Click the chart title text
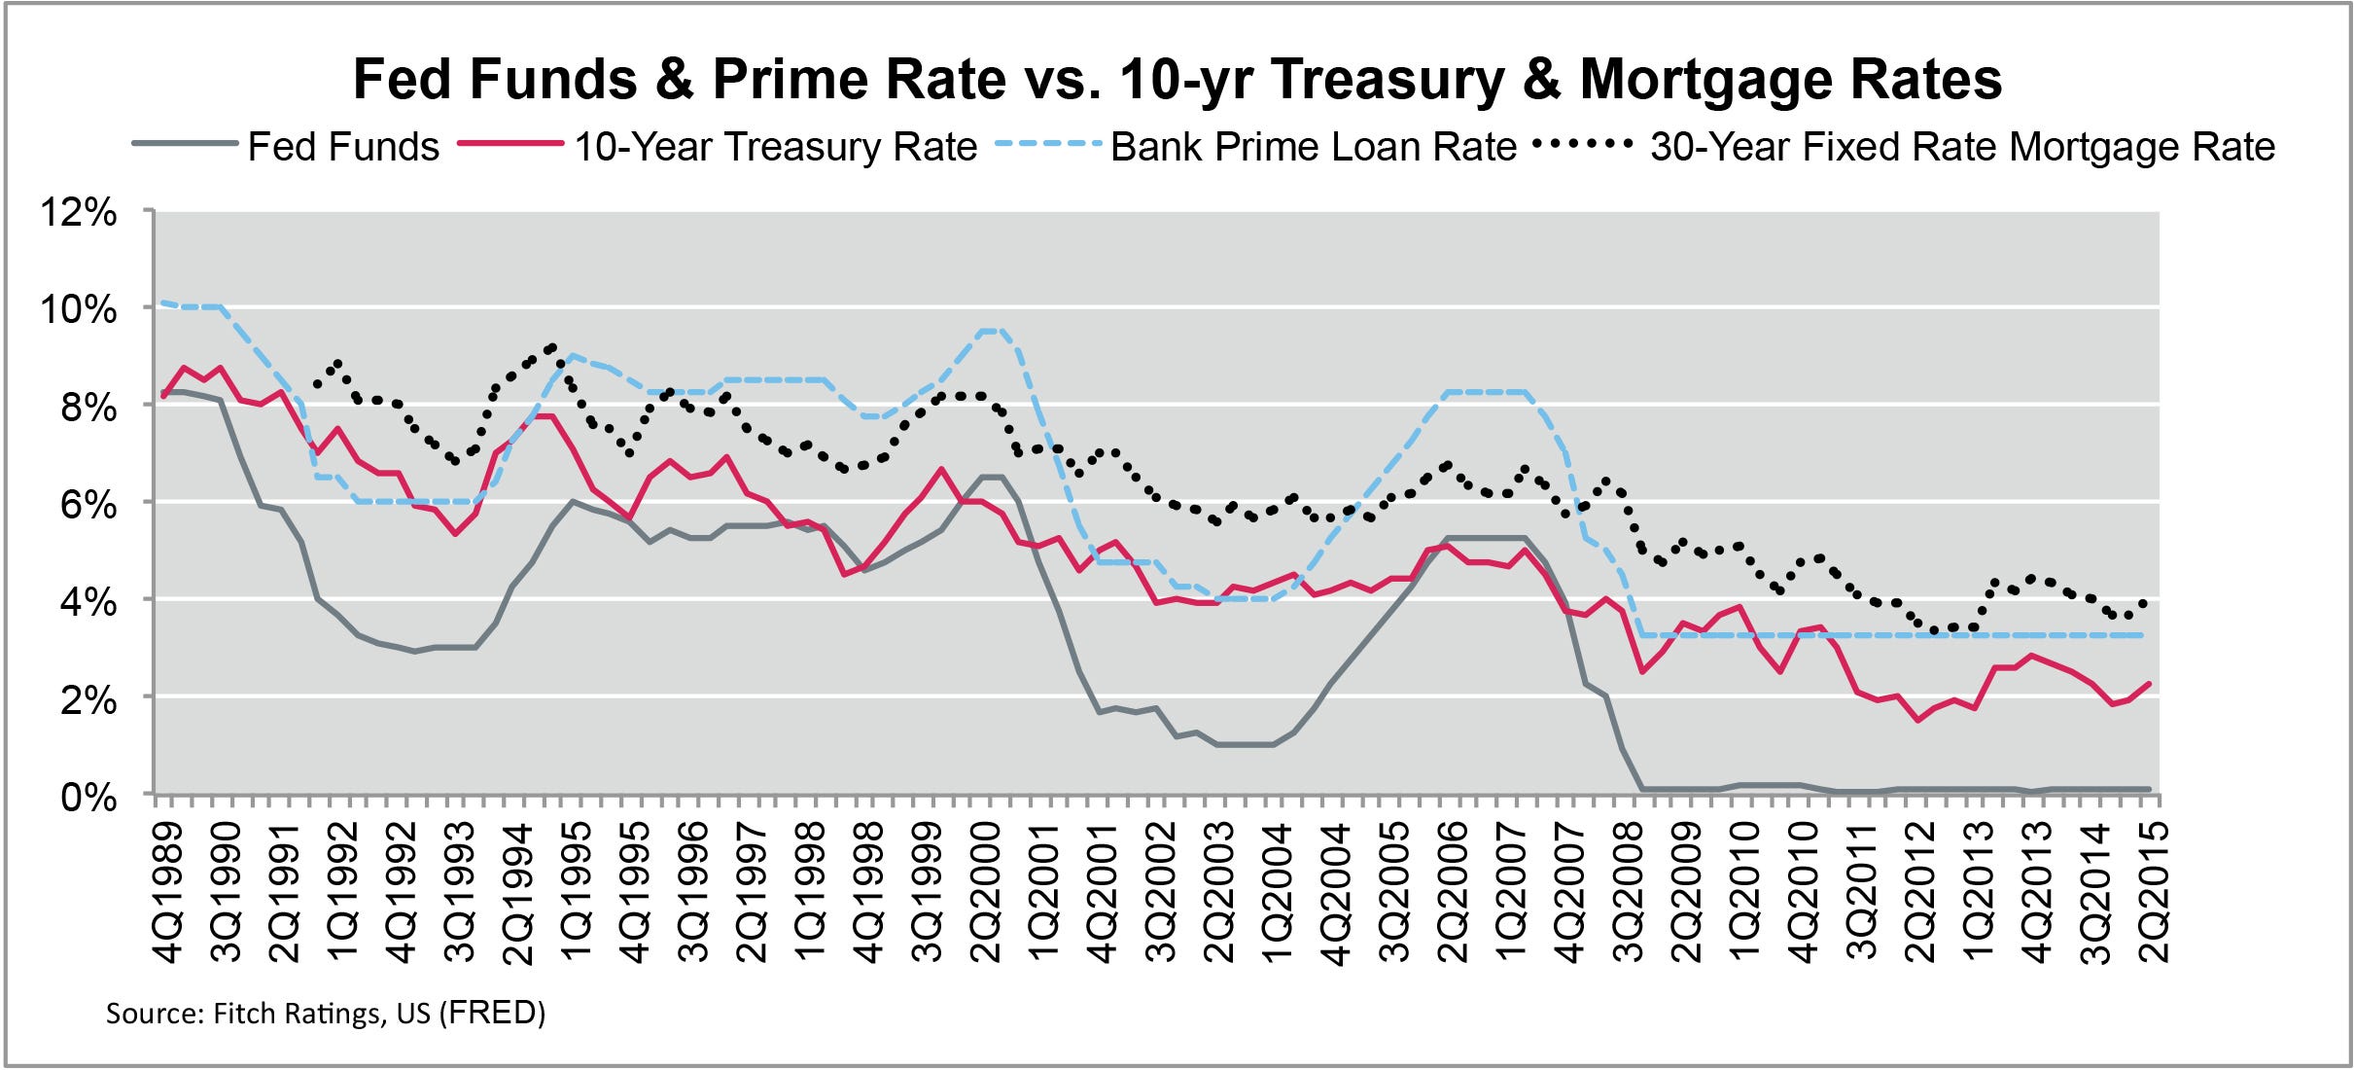tap(1177, 78)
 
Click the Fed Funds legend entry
tap(342, 147)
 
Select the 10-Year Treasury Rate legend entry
tap(775, 147)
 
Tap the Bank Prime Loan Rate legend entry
tap(1313, 147)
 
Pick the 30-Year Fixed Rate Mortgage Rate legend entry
tap(1962, 147)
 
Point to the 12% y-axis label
tap(78, 212)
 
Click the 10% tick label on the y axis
tap(78, 309)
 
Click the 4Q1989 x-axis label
tap(168, 893)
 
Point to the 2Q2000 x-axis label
tap(986, 893)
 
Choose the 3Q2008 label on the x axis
tap(1628, 893)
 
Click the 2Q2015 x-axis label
tap(2154, 893)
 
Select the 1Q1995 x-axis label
tap(577, 893)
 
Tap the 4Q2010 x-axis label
tap(1804, 893)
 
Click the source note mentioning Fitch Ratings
tap(325, 1014)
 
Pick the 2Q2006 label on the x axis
tap(1453, 893)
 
